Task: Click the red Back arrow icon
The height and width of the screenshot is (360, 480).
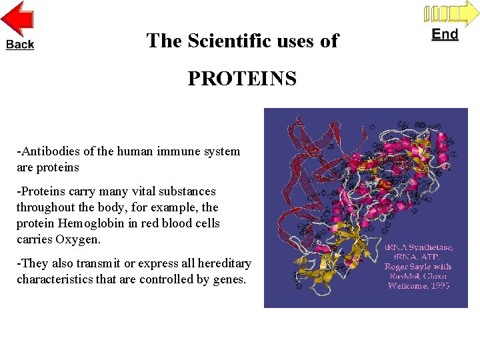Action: point(18,19)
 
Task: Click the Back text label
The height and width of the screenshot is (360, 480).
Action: point(20,44)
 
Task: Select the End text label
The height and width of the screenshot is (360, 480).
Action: point(445,34)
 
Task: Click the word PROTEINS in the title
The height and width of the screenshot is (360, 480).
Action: point(242,79)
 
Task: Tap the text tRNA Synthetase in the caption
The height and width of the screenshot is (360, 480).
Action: point(419,247)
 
